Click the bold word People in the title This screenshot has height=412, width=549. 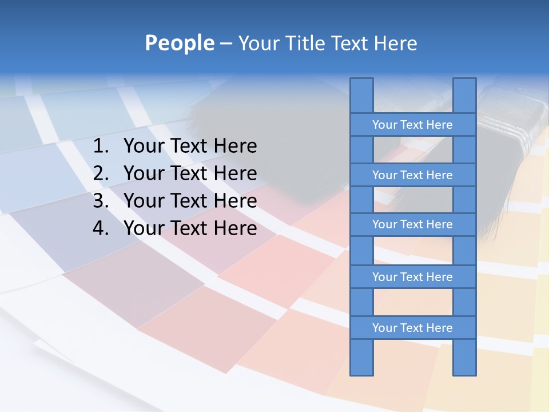click(x=180, y=43)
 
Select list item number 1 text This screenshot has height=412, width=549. click(x=190, y=146)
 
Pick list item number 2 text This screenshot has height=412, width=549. click(x=190, y=173)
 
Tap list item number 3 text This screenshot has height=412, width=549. click(x=190, y=201)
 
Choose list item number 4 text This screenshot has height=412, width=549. click(x=190, y=228)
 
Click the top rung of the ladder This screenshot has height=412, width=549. click(x=412, y=125)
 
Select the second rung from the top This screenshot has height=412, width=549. click(x=412, y=175)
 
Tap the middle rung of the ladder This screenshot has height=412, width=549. click(x=412, y=225)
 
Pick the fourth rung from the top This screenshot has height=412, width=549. click(x=412, y=277)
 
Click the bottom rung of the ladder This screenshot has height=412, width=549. click(x=412, y=328)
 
